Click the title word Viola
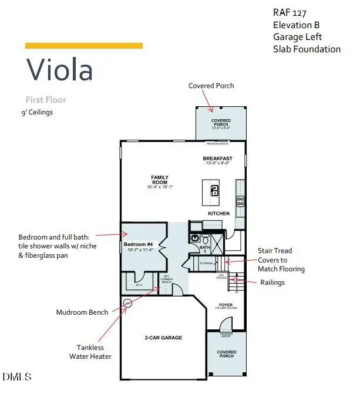(59, 70)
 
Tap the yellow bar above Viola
(83, 45)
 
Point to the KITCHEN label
(218, 213)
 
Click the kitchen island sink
(215, 190)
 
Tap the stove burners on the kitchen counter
(240, 201)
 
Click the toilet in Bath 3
(195, 238)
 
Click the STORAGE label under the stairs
(206, 264)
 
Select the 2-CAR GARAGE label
(163, 338)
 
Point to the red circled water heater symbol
(127, 303)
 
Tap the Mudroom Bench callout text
(82, 312)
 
